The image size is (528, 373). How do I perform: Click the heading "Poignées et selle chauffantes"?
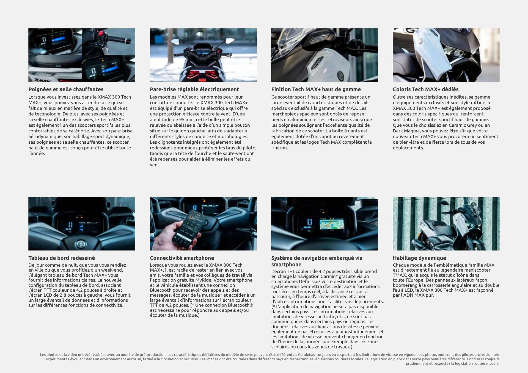(x=66, y=89)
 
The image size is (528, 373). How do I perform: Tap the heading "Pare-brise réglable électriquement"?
(x=194, y=89)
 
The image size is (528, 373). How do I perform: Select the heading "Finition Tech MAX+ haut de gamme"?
(x=316, y=89)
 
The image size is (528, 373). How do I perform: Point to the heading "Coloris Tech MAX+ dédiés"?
(x=425, y=89)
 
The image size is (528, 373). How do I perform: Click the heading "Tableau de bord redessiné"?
(x=62, y=258)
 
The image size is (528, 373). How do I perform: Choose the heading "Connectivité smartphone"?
(x=182, y=258)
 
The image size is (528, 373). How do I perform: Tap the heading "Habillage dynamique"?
(x=419, y=258)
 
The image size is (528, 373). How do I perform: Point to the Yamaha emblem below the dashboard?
(x=80, y=244)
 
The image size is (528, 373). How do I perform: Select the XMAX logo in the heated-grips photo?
(x=43, y=80)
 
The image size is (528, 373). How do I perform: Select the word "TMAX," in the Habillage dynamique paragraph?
(x=400, y=275)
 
